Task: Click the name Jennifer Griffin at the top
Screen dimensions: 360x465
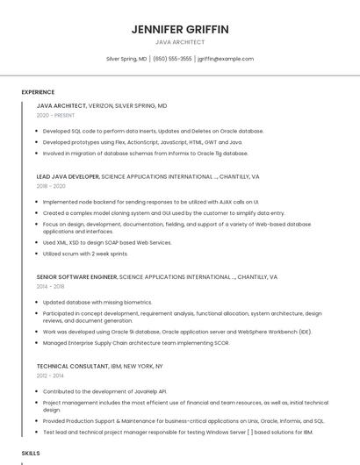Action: click(x=180, y=29)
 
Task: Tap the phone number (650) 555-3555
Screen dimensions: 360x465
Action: click(x=172, y=59)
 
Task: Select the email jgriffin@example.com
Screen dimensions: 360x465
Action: click(x=226, y=59)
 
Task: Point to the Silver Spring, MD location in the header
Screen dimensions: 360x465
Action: click(x=126, y=59)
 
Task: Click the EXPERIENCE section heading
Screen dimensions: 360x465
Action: click(x=38, y=92)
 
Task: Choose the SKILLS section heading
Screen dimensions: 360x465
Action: click(x=31, y=453)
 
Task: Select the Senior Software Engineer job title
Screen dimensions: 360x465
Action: click(x=76, y=276)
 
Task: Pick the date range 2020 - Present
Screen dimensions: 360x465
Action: click(x=55, y=115)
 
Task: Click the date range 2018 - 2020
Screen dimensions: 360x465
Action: click(x=51, y=186)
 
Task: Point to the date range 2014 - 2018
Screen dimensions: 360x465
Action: click(x=51, y=286)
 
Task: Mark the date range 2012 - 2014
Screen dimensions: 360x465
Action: click(x=51, y=376)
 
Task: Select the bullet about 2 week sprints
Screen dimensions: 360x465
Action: click(x=85, y=254)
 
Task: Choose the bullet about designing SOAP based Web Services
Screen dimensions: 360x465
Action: click(x=107, y=242)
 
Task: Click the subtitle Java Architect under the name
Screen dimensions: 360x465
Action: click(x=180, y=42)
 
